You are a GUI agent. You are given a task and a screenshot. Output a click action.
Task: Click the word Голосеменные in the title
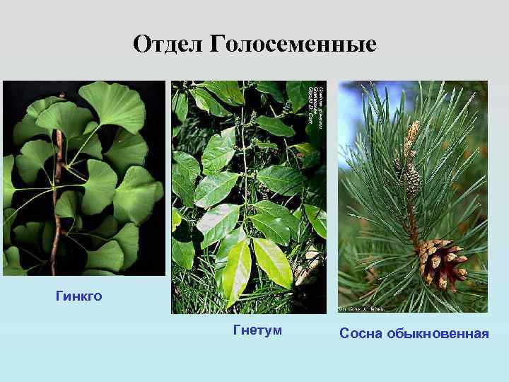point(293,45)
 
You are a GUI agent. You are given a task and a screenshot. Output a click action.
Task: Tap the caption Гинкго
point(78,296)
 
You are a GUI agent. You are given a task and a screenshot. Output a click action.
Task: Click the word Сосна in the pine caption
point(360,332)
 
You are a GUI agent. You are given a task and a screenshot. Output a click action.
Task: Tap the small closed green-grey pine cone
point(411,183)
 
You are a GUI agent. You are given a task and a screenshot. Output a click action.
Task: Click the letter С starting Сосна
point(344,332)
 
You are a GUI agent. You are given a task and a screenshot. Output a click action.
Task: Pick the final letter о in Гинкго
point(98,296)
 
